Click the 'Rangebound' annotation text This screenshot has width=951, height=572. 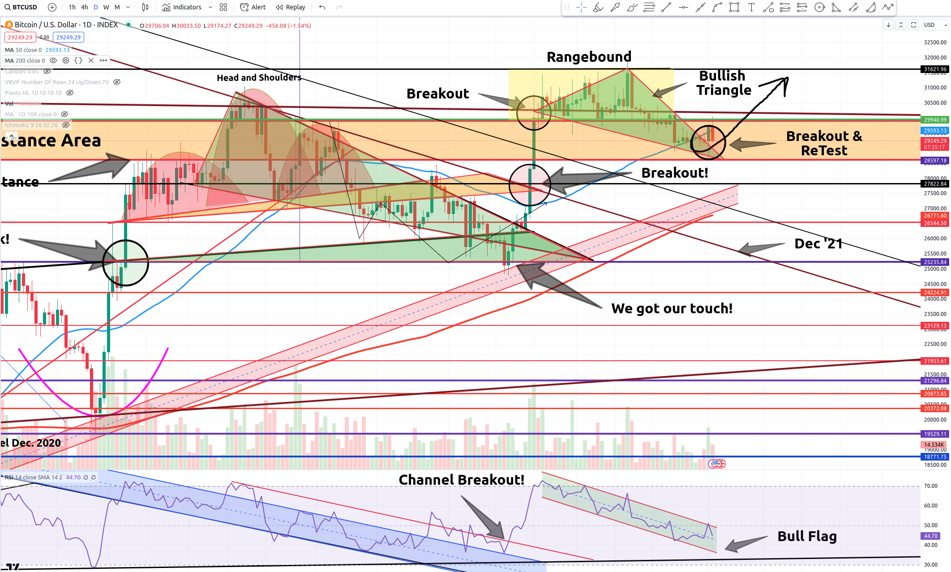pyautogui.click(x=589, y=57)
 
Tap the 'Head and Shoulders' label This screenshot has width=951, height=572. pyautogui.click(x=259, y=77)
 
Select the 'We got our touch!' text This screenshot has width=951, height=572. pyautogui.click(x=672, y=308)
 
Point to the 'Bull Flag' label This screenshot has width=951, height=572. pyautogui.click(x=807, y=536)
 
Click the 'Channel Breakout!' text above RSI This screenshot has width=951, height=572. pyautogui.click(x=461, y=480)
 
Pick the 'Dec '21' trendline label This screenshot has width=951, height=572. pyautogui.click(x=818, y=243)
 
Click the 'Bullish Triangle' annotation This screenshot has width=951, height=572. pyautogui.click(x=723, y=83)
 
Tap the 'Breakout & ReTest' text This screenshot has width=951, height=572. pyautogui.click(x=824, y=143)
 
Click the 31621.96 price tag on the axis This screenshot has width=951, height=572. pyautogui.click(x=935, y=69)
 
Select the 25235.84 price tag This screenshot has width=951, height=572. pyautogui.click(x=935, y=262)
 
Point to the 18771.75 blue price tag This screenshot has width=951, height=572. pyautogui.click(x=935, y=457)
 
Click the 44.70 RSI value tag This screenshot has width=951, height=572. pyautogui.click(x=930, y=536)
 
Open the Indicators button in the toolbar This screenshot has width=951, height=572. pyautogui.click(x=182, y=7)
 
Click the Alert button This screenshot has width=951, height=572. pyautogui.click(x=253, y=7)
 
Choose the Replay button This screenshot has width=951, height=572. pyautogui.click(x=291, y=7)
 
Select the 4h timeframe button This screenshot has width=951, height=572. pyautogui.click(x=84, y=7)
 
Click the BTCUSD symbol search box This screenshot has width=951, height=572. pyautogui.click(x=21, y=7)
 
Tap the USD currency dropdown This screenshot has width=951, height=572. pyautogui.click(x=935, y=25)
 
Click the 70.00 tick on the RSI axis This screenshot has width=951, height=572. pyautogui.click(x=931, y=486)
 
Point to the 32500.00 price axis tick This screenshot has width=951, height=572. pyautogui.click(x=935, y=43)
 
